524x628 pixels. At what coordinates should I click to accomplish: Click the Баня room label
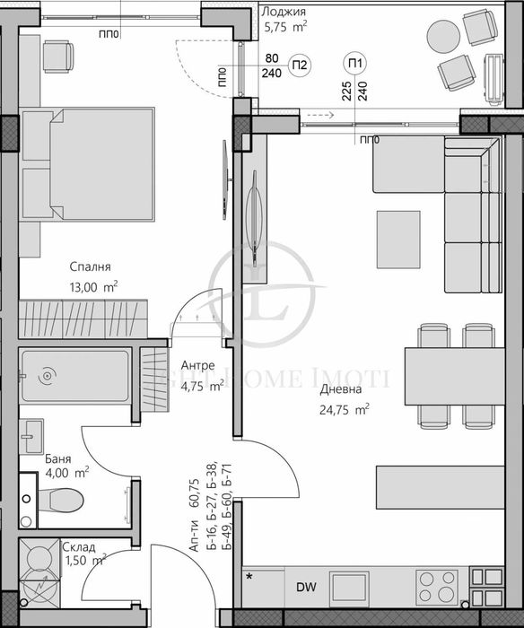point(59,458)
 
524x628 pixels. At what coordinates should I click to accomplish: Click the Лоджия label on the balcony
point(283,12)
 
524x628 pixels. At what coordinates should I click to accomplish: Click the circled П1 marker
point(355,63)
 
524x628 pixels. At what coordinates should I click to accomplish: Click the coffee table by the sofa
point(398,232)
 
